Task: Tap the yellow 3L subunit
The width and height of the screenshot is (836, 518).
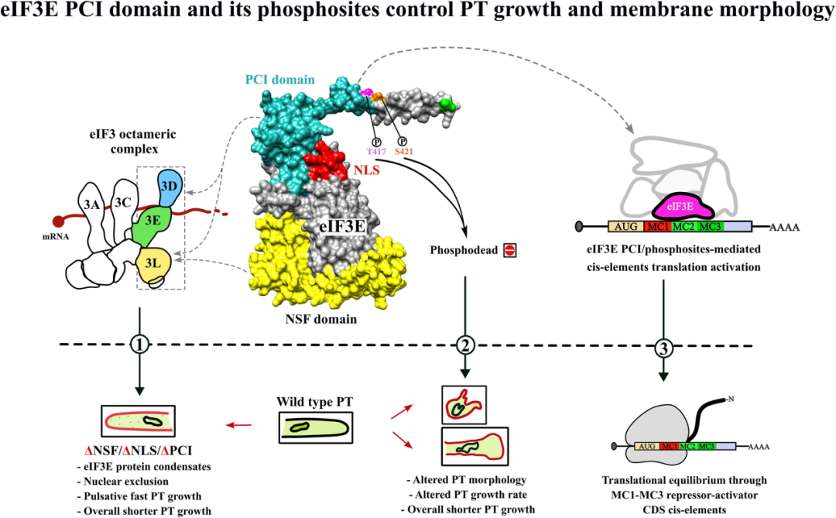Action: point(153,263)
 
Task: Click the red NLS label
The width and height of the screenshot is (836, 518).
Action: point(367,170)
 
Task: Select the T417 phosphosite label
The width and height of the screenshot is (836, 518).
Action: point(376,152)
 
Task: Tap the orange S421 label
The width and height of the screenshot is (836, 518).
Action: point(403,152)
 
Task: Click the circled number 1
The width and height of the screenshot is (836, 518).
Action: point(139,345)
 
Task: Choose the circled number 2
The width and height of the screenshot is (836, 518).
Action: point(465,345)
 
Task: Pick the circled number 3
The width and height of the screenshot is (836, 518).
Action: point(663,349)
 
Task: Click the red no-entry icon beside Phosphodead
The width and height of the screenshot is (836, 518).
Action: point(509,249)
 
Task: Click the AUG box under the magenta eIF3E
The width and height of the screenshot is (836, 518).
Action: point(626,227)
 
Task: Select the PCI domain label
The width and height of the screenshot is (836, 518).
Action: point(280,80)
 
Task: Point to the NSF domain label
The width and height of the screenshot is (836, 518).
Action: point(321,319)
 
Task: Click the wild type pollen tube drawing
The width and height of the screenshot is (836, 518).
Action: point(316,427)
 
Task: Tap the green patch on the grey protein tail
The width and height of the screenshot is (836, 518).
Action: point(447,105)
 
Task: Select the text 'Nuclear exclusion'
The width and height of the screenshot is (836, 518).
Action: point(126,481)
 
